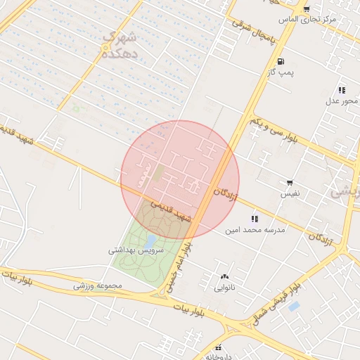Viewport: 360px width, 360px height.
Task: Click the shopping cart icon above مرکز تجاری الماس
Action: pyautogui.click(x=307, y=8)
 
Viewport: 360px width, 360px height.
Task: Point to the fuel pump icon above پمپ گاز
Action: pyautogui.click(x=281, y=61)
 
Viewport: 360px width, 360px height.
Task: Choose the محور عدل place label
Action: pyautogui.click(x=342, y=101)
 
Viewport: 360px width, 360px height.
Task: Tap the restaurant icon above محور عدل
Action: pyautogui.click(x=342, y=90)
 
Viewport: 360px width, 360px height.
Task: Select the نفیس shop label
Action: pyautogui.click(x=290, y=193)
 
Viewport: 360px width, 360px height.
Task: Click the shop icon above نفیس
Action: pyautogui.click(x=290, y=182)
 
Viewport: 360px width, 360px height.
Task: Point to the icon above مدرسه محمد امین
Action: pyautogui.click(x=254, y=219)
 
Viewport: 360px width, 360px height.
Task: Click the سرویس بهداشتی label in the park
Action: pyautogui.click(x=136, y=250)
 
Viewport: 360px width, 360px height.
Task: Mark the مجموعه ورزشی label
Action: pyautogui.click(x=98, y=286)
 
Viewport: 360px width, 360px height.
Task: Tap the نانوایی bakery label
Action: pyautogui.click(x=225, y=288)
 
